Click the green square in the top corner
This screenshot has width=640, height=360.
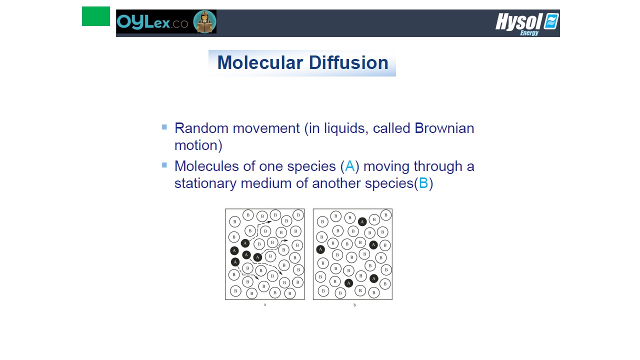point(95,16)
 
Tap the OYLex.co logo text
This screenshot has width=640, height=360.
point(152,22)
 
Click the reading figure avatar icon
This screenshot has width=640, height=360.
point(204,21)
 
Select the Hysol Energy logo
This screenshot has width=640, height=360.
point(527,24)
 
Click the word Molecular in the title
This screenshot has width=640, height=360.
point(260,62)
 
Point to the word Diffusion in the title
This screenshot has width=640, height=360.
point(348,62)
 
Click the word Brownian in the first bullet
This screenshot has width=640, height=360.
point(444,128)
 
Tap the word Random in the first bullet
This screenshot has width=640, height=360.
point(201,128)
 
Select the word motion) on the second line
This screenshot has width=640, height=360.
point(198,145)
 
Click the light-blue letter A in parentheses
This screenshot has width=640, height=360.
point(350,166)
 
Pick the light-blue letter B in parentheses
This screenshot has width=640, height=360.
point(423,183)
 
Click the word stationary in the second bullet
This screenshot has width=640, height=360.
point(205,183)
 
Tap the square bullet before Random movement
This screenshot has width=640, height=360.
point(164,127)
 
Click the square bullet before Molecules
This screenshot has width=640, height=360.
point(164,165)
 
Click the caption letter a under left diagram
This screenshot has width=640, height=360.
point(264,304)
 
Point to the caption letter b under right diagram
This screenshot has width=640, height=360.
point(354,305)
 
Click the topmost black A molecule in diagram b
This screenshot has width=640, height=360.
point(362,221)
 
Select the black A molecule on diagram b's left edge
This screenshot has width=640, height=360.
point(320,249)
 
